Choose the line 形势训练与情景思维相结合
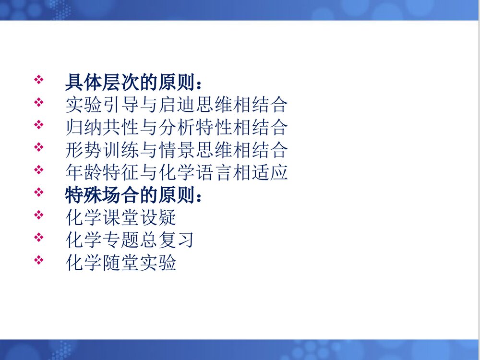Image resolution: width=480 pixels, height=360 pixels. pos(176,150)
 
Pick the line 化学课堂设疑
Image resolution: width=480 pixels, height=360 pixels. pos(121,218)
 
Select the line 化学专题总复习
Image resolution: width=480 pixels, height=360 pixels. pos(129,240)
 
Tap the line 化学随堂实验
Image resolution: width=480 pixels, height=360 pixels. pos(121,263)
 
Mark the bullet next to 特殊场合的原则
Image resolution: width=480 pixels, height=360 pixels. pos(39,192)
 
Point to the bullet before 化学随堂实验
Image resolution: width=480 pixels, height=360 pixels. pos(39,260)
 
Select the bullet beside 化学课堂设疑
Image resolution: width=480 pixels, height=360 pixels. pos(39,215)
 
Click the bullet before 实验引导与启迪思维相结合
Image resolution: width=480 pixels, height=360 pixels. pos(39,102)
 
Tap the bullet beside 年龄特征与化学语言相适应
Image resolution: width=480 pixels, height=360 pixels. pos(39,170)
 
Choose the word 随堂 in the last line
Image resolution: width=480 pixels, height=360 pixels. pos(121,263)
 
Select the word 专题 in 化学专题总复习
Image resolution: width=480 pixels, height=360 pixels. pos(121,240)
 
